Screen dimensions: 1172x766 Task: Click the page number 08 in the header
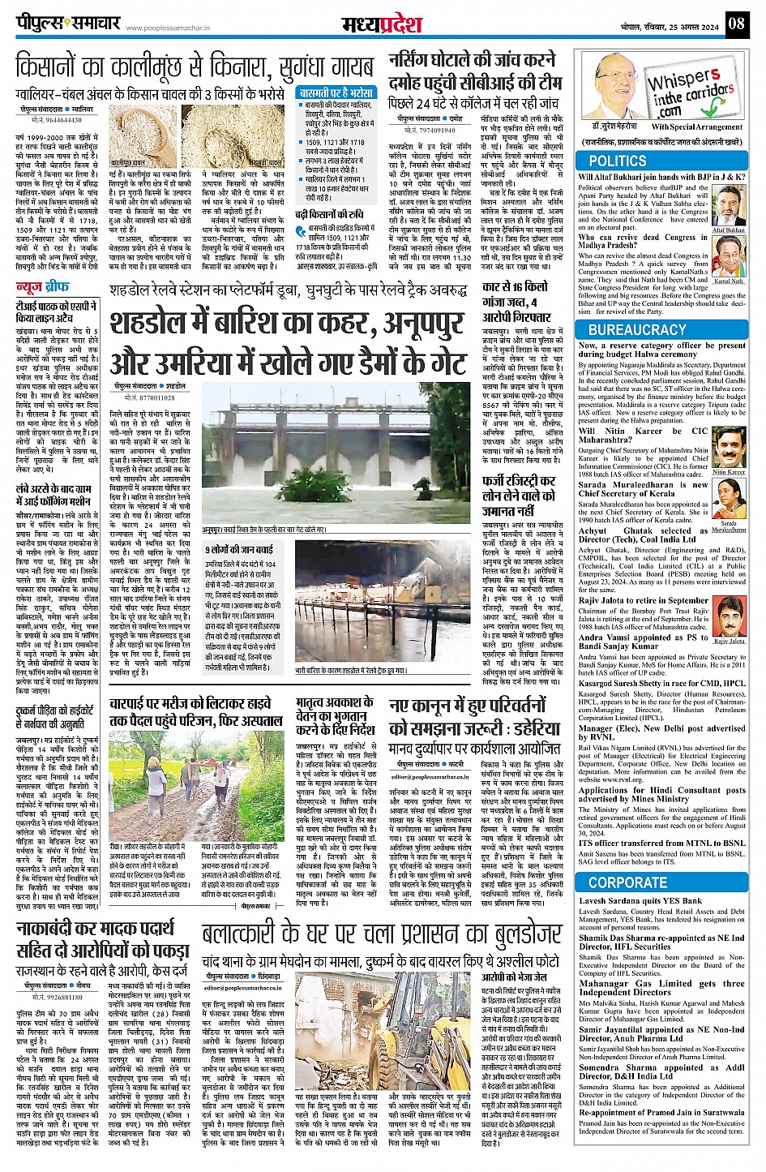coord(735,23)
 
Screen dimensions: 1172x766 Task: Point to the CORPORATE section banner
coord(627,882)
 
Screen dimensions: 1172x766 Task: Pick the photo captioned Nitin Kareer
coord(728,447)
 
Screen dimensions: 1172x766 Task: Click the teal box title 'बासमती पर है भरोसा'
coord(335,93)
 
